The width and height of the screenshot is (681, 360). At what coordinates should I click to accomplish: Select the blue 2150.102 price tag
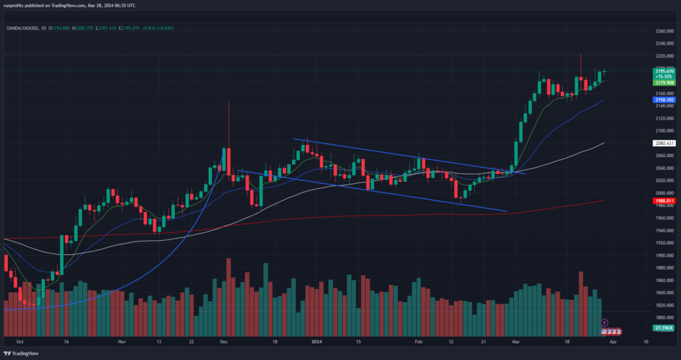pos(665,100)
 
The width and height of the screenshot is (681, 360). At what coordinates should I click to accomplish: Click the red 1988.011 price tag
pos(665,200)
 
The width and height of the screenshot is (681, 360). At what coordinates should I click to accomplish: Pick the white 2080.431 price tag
pos(665,143)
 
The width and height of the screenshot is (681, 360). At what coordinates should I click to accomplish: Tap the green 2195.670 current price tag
pos(665,71)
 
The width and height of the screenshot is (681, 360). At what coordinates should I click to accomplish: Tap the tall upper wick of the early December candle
pos(229,116)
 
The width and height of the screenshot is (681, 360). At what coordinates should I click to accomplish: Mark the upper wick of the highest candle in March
pos(581,63)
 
